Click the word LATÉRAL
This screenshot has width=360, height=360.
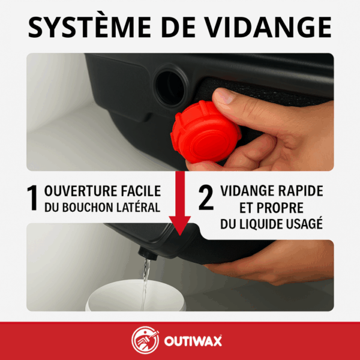[140, 208]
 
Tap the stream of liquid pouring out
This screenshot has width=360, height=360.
[145, 282]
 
